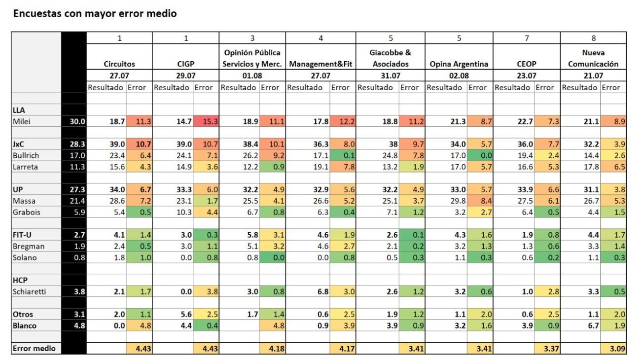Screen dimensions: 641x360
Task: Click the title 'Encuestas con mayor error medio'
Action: [x=95, y=13]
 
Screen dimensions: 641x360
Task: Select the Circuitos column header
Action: [x=119, y=64]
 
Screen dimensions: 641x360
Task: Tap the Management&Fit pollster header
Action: [x=320, y=64]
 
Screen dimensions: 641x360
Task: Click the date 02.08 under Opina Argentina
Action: [x=459, y=75]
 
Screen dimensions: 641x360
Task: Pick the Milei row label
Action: [x=22, y=121]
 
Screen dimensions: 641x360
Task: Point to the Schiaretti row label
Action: [x=29, y=291]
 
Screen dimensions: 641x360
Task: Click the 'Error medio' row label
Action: [x=34, y=348]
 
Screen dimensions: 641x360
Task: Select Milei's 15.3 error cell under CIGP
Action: [x=206, y=121]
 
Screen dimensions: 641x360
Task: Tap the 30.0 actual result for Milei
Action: [x=77, y=121]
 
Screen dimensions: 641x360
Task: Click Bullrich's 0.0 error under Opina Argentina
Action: [x=480, y=155]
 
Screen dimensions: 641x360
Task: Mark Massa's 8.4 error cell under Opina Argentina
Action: [x=480, y=201]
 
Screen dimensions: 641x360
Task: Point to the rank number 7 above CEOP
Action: [x=527, y=38]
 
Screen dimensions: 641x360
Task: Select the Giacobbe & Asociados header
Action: [x=391, y=58]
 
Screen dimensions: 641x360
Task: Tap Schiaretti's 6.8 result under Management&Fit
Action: [x=322, y=291]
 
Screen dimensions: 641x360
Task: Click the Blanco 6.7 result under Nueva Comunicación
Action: [x=593, y=325]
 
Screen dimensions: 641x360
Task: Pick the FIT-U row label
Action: [x=22, y=235]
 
